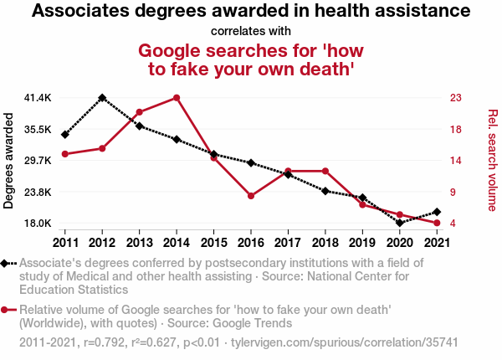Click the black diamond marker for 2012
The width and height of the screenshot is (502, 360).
(102, 98)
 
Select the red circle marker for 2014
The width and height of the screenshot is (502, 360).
(177, 98)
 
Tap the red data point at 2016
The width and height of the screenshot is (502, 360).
(251, 196)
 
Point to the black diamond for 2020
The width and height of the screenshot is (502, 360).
(400, 223)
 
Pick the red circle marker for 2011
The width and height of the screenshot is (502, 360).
(64, 154)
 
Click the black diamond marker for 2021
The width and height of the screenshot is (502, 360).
(437, 212)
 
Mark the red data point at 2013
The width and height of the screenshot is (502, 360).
(139, 112)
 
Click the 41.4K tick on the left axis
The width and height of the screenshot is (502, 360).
(38, 98)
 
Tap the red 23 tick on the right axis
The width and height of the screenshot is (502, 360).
(455, 98)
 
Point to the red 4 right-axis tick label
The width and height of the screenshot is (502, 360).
(453, 224)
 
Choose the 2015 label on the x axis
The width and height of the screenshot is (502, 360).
(213, 243)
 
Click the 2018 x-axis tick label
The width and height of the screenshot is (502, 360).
(325, 243)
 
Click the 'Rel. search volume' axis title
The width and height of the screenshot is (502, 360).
(493, 160)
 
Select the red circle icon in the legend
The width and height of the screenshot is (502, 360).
(6, 310)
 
